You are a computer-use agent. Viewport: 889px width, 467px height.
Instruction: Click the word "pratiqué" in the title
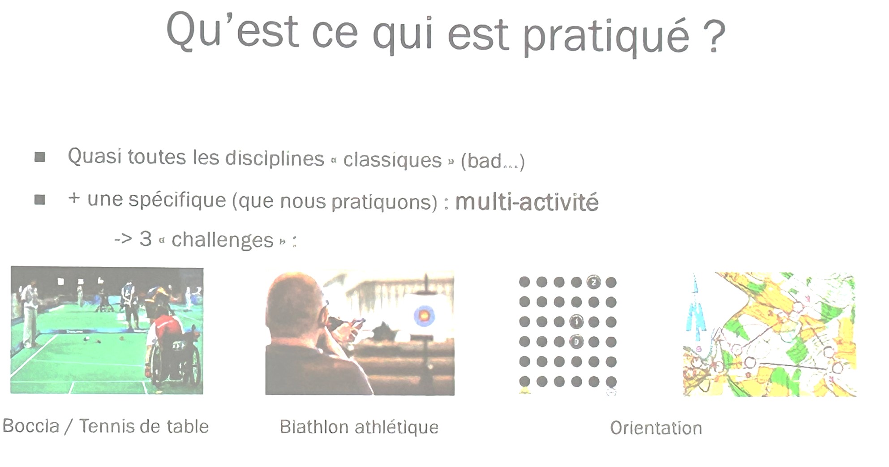606,37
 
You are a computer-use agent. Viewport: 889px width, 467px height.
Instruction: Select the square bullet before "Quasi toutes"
40,157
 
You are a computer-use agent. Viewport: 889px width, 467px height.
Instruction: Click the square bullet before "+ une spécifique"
40,199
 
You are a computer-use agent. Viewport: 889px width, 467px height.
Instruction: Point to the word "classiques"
392,160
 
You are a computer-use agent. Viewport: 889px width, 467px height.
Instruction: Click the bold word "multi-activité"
527,202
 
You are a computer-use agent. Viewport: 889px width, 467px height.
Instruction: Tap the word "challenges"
222,240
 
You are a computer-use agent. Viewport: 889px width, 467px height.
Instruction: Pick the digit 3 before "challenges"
146,239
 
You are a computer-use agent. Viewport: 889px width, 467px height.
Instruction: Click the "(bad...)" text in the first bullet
493,161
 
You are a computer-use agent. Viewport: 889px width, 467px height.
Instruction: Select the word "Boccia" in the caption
31,426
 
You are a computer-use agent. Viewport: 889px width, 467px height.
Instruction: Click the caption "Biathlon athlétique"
359,427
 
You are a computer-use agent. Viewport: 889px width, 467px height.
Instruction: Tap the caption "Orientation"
656,428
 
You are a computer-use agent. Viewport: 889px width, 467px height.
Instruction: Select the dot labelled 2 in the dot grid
594,282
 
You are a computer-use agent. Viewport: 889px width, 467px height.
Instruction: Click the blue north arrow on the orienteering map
696,309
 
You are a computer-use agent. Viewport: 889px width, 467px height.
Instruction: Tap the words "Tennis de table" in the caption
144,426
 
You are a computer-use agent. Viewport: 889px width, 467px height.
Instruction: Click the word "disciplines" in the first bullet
275,158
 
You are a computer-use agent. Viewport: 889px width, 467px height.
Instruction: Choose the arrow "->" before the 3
123,239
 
